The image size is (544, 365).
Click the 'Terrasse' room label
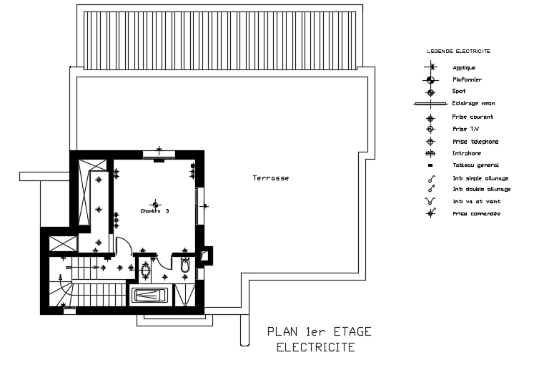pos(270,177)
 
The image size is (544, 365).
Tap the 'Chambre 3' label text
pos(154,211)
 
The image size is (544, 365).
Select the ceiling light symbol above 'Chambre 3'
pos(154,205)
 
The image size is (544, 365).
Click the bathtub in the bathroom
pos(151,295)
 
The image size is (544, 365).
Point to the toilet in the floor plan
pos(186,266)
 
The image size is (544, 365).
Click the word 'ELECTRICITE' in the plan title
pos(315,347)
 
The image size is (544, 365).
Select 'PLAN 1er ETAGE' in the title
pos(319,331)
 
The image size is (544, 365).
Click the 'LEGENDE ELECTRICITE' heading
pos(458,52)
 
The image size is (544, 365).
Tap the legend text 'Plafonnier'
pos(467,79)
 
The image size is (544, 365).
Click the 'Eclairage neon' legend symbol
pos(431,104)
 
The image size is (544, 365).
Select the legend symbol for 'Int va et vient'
pos(430,202)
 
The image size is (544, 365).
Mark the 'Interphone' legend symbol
pos(430,153)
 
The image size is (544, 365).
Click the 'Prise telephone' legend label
pos(475,142)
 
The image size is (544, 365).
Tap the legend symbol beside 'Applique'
pos(430,67)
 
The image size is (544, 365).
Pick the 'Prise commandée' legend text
pos(475,213)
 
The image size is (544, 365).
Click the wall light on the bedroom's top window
pos(159,151)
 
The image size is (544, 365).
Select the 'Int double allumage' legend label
pos(481,190)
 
